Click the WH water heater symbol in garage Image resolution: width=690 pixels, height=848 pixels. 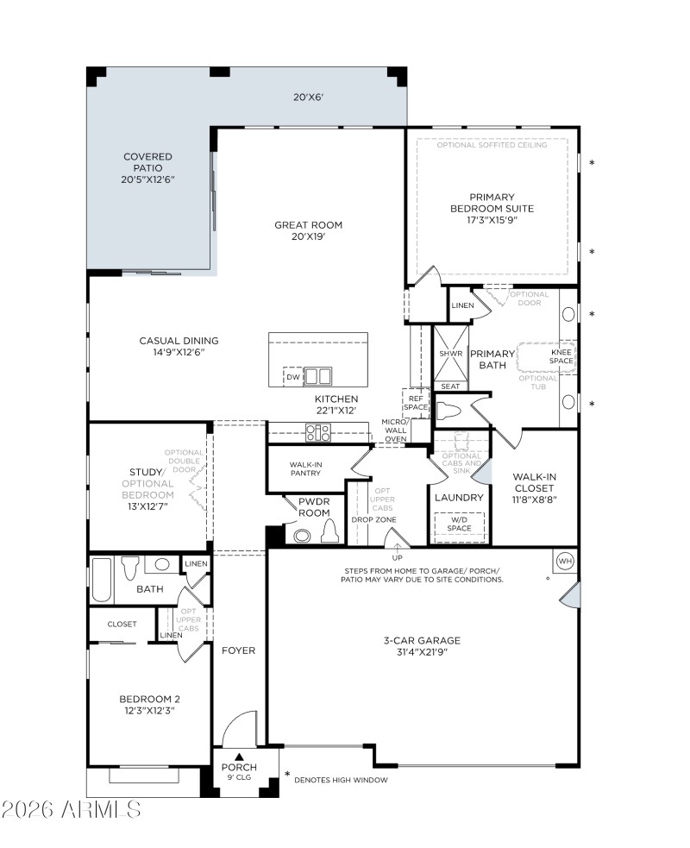[566, 560]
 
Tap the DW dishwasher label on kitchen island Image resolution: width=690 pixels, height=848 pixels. [293, 377]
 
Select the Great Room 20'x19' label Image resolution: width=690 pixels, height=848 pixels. [308, 231]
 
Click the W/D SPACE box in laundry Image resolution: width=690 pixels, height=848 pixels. [459, 524]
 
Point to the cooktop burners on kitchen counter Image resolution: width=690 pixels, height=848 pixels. [318, 433]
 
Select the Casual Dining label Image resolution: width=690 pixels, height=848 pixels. [179, 346]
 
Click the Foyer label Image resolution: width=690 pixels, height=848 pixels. [239, 650]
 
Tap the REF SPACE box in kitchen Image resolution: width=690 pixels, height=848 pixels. [416, 402]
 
